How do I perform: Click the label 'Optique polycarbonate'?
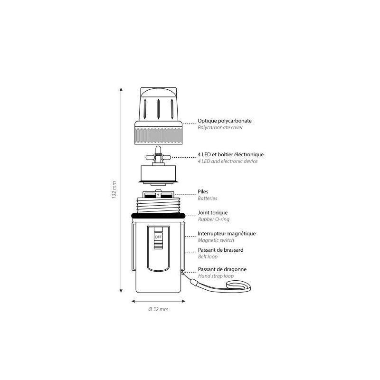tap(224, 121)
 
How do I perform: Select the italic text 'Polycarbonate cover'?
tap(220, 127)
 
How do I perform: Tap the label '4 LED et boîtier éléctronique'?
tap(230, 154)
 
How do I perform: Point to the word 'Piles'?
tap(203, 191)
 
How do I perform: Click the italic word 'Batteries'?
tap(207, 198)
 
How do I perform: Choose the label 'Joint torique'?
tap(212, 212)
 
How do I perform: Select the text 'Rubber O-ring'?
tap(213, 219)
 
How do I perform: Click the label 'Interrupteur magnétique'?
tap(227, 233)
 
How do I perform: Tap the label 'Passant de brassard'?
tap(220, 250)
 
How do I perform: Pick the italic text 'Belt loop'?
tap(208, 256)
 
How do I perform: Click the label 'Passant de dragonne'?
tap(222, 269)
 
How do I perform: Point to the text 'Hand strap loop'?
tap(216, 276)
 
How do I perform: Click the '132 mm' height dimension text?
tap(114, 190)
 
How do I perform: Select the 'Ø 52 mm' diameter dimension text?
tap(158, 309)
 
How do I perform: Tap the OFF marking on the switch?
tap(158, 237)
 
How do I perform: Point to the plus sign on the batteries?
tap(158, 195)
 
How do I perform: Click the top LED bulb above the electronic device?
tap(158, 150)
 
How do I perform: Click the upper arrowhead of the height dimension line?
tap(121, 89)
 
